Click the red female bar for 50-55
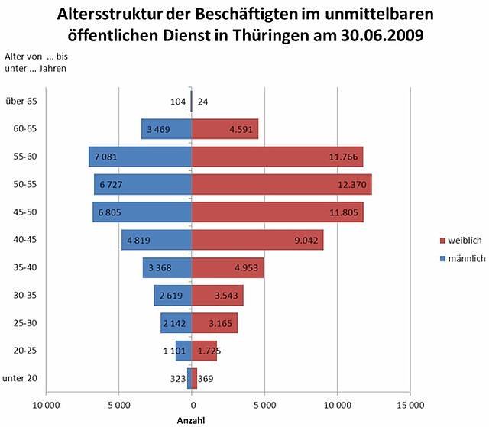point(281,184)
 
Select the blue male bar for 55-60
point(140,157)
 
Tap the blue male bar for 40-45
point(157,240)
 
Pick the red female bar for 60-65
point(225,128)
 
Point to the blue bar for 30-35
point(173,296)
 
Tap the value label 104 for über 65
point(177,101)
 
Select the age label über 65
point(21,101)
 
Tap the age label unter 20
point(21,379)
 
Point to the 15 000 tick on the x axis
point(410,405)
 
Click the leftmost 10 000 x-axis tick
point(47,405)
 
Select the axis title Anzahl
point(191,419)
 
